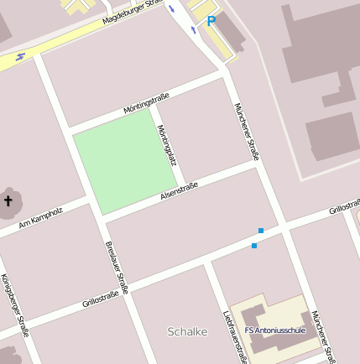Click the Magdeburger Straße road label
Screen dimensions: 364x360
pos(131,13)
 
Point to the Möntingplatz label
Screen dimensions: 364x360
pos(165,144)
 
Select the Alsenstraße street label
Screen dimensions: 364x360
pos(179,192)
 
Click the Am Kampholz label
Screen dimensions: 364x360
pos(40,217)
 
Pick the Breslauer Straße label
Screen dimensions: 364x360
pos(116,268)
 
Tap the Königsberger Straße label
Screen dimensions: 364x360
pos(15,305)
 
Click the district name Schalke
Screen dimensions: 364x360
pos(187,331)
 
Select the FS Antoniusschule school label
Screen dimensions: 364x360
pos(274,330)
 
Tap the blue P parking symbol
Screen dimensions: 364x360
pos(211,21)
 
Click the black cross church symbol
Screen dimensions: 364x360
pos(9,200)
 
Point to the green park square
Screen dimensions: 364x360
pos(127,159)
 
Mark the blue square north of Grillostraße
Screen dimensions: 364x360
pos(261,230)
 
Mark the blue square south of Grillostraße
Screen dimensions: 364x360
pos(254,246)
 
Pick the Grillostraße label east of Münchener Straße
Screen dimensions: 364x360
pos(344,205)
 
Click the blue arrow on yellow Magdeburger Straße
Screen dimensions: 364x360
pos(21,57)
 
